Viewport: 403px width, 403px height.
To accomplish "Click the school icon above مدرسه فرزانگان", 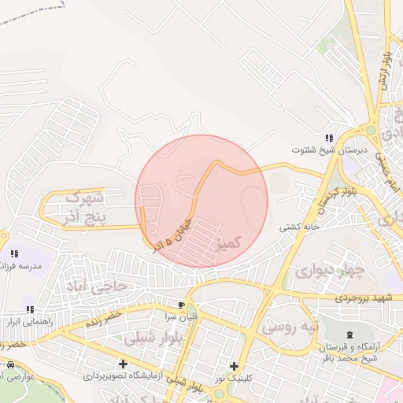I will tap(14, 253).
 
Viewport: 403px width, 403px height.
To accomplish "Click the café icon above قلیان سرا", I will tap(182, 305).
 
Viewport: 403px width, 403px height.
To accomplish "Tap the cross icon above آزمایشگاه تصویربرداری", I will tap(123, 364).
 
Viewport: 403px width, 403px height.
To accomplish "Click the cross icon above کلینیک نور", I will tap(234, 366).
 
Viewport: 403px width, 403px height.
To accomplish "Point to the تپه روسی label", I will tap(290, 324).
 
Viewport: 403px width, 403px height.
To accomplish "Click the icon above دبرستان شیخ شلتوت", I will tap(329, 138).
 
